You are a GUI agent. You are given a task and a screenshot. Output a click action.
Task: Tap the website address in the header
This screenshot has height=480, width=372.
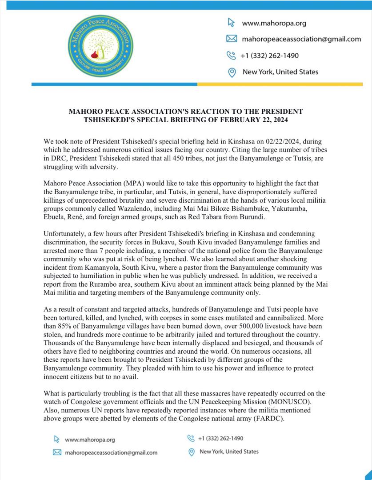pyautogui.click(x=274, y=23)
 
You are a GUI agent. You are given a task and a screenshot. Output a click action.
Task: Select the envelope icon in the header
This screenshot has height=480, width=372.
pyautogui.click(x=232, y=39)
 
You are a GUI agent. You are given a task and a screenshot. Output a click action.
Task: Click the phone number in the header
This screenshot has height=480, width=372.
pyautogui.click(x=269, y=56)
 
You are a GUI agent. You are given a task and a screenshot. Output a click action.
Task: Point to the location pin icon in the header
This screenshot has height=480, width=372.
pyautogui.click(x=232, y=72)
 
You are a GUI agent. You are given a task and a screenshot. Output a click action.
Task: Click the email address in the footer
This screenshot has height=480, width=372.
pyautogui.click(x=111, y=452)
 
